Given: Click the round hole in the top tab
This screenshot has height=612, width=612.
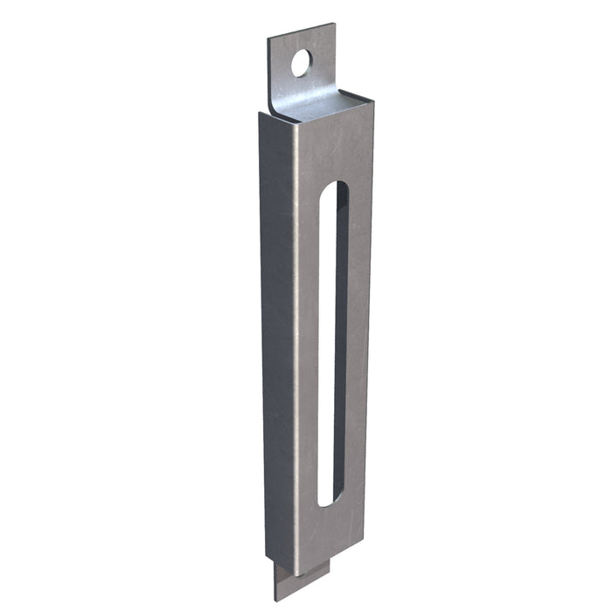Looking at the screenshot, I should pyautogui.click(x=301, y=62).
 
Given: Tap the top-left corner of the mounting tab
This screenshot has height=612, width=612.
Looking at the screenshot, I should pyautogui.click(x=268, y=37).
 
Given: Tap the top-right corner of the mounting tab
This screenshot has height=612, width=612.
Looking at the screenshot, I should pyautogui.click(x=333, y=24).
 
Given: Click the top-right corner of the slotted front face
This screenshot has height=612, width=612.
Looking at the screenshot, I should pyautogui.click(x=372, y=103).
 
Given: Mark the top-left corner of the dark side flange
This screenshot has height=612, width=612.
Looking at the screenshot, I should pyautogui.click(x=261, y=114).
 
